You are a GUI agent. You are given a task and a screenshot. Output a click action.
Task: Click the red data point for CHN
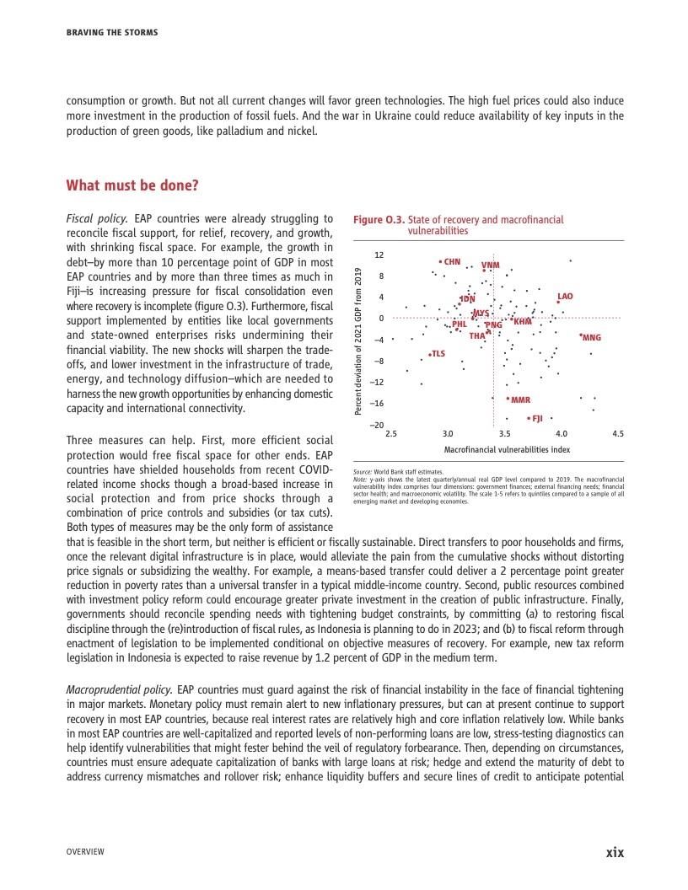pyautogui.click(x=440, y=261)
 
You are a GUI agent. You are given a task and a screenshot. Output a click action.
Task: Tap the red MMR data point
pyautogui.click(x=508, y=399)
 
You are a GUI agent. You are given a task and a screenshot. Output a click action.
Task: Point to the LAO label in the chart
pyautogui.click(x=565, y=296)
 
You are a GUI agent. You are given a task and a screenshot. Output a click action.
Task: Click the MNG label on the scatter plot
pyautogui.click(x=592, y=337)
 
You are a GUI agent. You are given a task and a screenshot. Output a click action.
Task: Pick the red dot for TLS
pyautogui.click(x=429, y=354)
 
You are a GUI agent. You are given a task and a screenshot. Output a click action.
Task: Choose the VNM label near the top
pyautogui.click(x=491, y=265)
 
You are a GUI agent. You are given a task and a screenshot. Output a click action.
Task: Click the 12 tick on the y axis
pyautogui.click(x=379, y=255)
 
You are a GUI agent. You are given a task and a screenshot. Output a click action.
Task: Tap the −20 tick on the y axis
pyautogui.click(x=379, y=426)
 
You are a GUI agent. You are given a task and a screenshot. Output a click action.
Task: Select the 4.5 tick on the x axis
pyautogui.click(x=618, y=433)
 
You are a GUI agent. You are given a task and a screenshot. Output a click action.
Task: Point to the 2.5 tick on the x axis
pyautogui.click(x=390, y=433)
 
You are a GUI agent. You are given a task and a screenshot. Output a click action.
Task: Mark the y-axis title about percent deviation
pyautogui.click(x=357, y=340)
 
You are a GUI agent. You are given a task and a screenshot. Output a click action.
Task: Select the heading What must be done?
pyautogui.click(x=132, y=185)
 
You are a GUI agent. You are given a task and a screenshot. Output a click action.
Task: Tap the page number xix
pyautogui.click(x=615, y=852)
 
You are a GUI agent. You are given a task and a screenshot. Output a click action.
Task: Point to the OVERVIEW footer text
pyautogui.click(x=85, y=852)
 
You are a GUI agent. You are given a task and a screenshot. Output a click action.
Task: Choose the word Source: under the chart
pyautogui.click(x=363, y=473)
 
